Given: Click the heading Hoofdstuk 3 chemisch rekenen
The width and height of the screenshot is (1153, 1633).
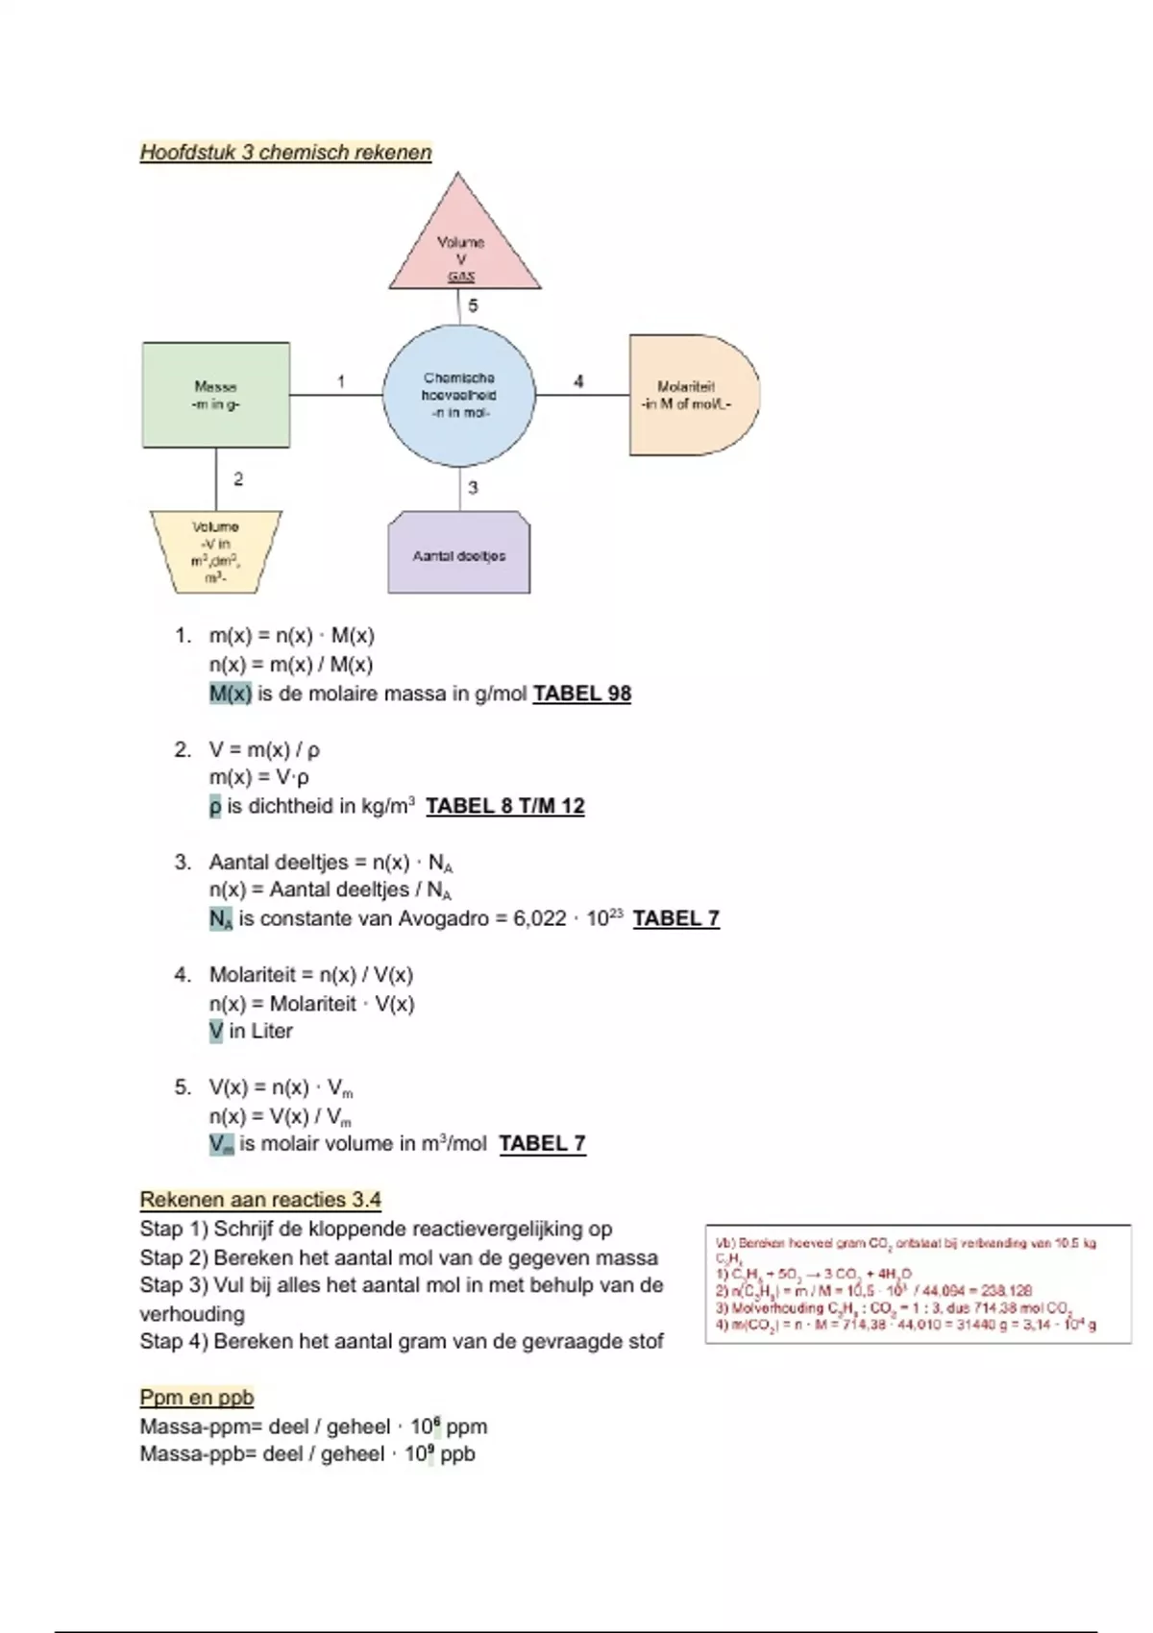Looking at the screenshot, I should (285, 153).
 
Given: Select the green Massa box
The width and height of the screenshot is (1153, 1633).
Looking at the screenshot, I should (216, 395).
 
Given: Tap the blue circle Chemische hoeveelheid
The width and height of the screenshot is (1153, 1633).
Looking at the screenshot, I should (459, 395).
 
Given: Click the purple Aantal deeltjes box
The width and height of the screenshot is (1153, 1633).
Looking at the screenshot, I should (459, 555).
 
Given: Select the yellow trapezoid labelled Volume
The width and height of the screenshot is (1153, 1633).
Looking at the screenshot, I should (216, 551).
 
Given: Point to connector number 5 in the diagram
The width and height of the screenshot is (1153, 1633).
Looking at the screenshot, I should (473, 305).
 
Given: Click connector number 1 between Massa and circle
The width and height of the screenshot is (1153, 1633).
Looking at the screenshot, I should (341, 381).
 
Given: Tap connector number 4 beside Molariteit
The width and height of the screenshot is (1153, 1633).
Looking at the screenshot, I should (578, 381).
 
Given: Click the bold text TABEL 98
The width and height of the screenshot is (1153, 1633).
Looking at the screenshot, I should (582, 694).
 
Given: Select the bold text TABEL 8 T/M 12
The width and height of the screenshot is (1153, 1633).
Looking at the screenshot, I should (505, 806).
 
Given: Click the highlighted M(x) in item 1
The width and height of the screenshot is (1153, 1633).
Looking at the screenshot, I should (231, 694).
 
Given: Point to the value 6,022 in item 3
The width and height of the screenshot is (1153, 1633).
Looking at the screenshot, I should (540, 918).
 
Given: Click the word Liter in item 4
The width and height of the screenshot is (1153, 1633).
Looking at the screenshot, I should (272, 1031).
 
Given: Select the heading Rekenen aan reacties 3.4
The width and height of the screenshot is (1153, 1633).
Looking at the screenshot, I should (260, 1200).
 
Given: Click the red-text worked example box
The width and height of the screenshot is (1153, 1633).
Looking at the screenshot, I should (918, 1284).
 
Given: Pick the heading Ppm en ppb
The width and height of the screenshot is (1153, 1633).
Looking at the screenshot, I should (197, 1398).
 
